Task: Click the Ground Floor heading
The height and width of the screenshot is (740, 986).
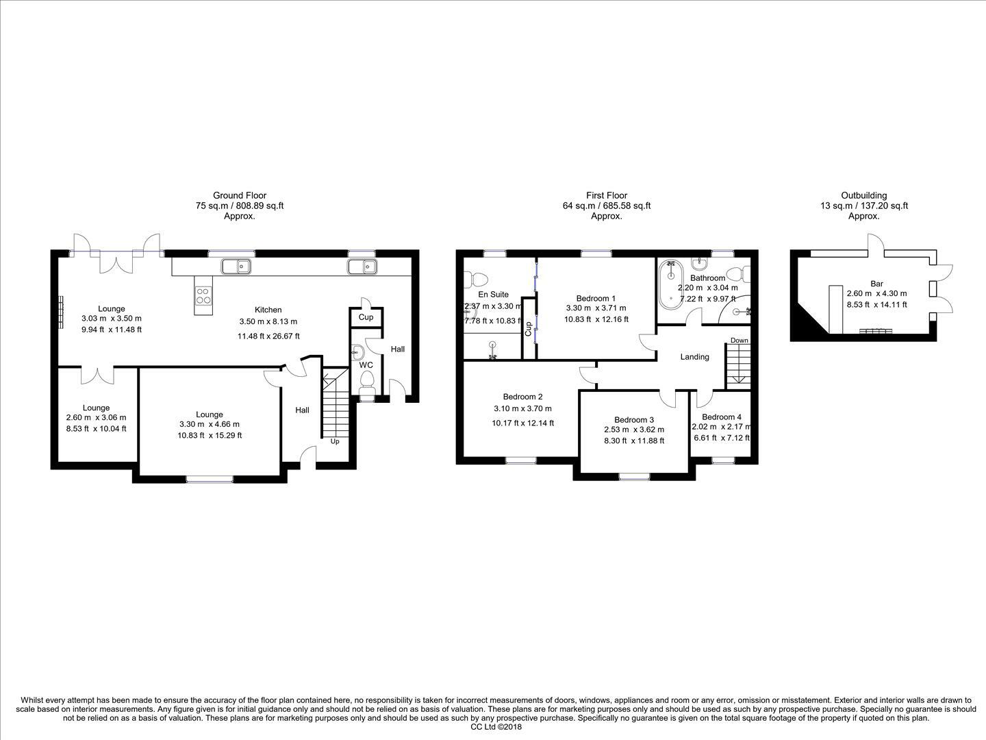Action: point(239,195)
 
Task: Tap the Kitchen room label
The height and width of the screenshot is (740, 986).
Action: point(268,310)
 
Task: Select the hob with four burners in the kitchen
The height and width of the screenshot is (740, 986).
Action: point(204,295)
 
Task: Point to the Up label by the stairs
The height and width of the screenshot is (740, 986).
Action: point(335,441)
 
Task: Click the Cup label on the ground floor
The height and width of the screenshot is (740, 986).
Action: point(366,317)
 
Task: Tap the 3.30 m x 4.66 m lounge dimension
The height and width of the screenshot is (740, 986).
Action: point(210,425)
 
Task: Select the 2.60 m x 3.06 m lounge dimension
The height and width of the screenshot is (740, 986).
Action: point(96,418)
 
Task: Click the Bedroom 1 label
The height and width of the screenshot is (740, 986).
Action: point(595,298)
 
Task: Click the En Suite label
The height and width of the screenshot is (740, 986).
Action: point(493,295)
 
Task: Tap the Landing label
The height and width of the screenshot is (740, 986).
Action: point(694,356)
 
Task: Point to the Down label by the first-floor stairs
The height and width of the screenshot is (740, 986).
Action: point(739,341)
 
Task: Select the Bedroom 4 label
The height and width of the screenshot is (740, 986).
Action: point(721,417)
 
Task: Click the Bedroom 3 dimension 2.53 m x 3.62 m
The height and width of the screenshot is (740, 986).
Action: point(633,430)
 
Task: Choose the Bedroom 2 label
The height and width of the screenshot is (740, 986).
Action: point(522,396)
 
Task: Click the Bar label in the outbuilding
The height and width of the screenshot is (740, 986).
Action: point(876,283)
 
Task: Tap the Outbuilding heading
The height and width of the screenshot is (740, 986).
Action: point(863,195)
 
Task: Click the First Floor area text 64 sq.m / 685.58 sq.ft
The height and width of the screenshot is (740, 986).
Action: point(606,206)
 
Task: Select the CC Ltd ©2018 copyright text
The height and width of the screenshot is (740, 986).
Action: point(496,727)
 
